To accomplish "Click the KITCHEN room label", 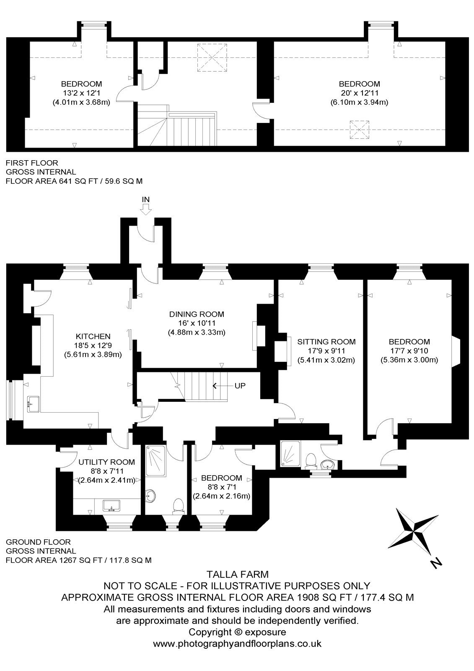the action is click(x=93, y=336).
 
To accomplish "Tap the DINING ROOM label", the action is click(x=197, y=314).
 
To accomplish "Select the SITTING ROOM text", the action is click(x=326, y=341).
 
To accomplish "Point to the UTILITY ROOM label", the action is click(x=106, y=462).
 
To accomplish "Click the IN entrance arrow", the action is click(x=146, y=209).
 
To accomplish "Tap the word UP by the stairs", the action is click(x=240, y=385).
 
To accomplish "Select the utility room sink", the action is click(x=111, y=506).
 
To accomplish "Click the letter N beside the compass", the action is click(x=436, y=563).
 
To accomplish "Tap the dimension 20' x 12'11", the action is click(x=359, y=93).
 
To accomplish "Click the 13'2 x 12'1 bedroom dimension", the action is click(x=81, y=93).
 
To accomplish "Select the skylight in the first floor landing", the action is click(x=212, y=57).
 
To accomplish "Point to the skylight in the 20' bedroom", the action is click(x=360, y=130).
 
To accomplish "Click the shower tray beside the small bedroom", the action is click(x=155, y=461).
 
